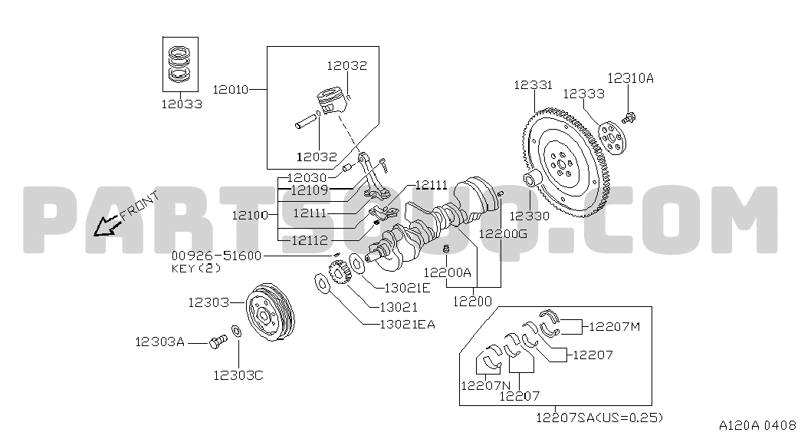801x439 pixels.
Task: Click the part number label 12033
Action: pos(182,104)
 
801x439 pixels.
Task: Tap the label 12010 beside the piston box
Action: pos(230,90)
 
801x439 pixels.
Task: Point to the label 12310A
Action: pos(631,78)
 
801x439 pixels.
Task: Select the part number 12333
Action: pos(583,94)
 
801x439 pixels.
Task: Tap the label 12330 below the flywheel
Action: pos(529,216)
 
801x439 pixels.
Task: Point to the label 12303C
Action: pos(238,375)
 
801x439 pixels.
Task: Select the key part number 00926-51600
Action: pos(216,256)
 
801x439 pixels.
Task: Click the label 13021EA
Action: pos(407,324)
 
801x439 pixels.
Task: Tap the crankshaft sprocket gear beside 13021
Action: pos(338,274)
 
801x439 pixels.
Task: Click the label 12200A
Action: pos(448,272)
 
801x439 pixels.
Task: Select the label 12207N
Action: pos(485,385)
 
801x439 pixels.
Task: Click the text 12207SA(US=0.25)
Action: pos(599,418)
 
